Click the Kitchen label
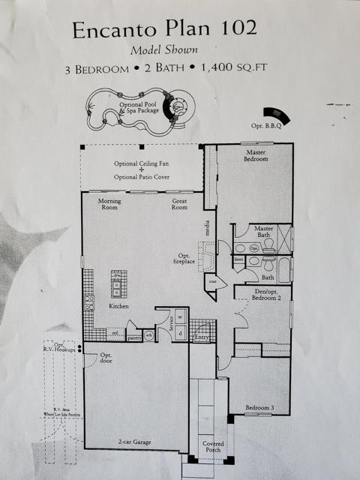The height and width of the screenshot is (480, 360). (118, 307)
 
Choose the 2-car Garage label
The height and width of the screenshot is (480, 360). (135, 442)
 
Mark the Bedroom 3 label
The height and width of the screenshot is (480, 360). (260, 408)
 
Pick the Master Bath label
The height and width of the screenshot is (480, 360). (263, 232)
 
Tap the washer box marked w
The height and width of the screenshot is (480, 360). (179, 317)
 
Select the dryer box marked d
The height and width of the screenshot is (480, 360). (180, 333)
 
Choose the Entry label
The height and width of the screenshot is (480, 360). (201, 338)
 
